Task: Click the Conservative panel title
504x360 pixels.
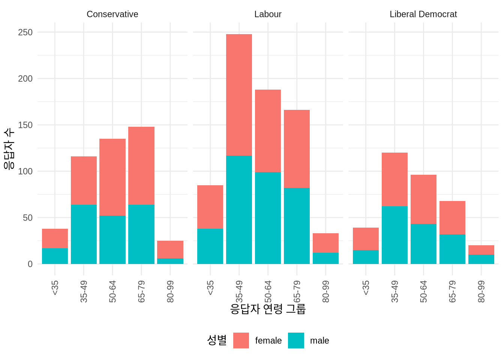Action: pos(112,14)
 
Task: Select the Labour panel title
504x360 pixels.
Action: pos(268,14)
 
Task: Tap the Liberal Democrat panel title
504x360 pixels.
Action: pos(423,14)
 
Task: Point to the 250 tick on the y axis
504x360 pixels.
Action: pos(25,32)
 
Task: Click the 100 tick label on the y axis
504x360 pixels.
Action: pos(25,171)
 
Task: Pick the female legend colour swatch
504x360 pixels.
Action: pos(241,340)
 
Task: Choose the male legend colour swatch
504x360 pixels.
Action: pos(296,340)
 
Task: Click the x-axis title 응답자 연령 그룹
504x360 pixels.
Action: pos(268,309)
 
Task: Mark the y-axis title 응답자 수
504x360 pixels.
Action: pos(9,148)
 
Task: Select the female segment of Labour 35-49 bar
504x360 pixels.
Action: pos(239,95)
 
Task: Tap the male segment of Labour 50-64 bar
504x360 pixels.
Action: pos(268,218)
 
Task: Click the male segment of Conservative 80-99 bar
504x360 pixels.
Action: pos(170,261)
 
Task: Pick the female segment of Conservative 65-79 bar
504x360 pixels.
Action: pos(141,165)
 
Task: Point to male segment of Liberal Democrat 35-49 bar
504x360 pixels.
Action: pos(394,235)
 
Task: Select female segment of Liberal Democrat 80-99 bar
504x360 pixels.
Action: pos(481,250)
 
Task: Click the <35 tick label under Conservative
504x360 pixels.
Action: pos(55,288)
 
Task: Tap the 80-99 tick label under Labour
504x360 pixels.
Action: pos(325,291)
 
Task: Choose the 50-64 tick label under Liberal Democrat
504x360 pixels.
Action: pos(423,291)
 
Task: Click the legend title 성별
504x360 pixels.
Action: pos(217,340)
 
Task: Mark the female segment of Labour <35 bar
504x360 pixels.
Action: pos(210,207)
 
